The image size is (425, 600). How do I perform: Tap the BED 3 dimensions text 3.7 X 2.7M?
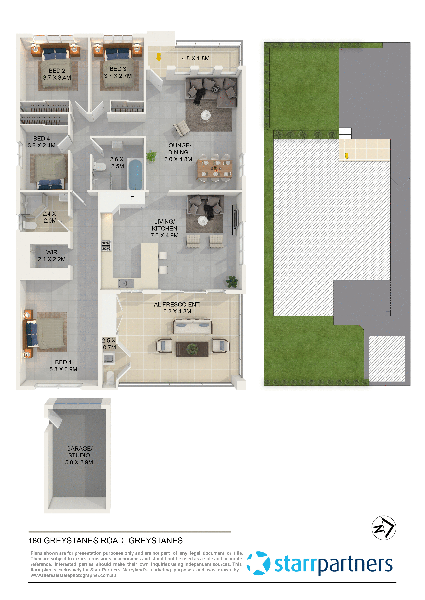pos(118,76)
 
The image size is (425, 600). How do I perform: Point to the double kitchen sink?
pos(126,283)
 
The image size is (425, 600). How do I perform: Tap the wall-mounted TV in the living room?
pos(235,220)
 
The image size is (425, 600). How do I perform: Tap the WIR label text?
pos(52,252)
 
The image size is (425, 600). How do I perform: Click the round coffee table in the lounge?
pos(206,115)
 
